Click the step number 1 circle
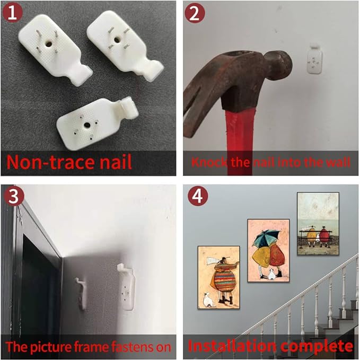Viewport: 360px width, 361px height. (12, 13)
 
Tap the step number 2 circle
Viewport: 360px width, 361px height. (195, 13)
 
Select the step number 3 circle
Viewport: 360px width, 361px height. (14, 196)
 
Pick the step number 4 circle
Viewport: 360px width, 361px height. (198, 196)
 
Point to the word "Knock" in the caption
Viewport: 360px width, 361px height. (209, 162)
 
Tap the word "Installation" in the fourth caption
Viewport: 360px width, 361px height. (232, 346)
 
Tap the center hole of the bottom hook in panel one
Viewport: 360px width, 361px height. (87, 125)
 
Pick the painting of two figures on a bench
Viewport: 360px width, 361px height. (318, 224)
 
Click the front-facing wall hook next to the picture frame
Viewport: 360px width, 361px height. (126, 287)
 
